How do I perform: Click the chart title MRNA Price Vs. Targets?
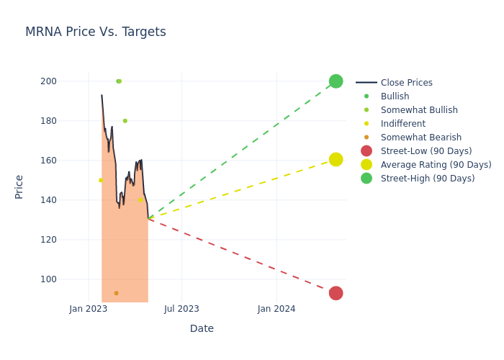click(96, 32)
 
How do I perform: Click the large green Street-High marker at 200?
click(336, 81)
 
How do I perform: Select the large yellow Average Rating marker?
click(336, 159)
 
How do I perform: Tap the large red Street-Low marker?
click(336, 293)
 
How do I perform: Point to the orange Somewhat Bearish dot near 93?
click(116, 293)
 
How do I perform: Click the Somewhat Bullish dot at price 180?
click(125, 121)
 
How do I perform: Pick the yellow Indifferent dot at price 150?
click(101, 180)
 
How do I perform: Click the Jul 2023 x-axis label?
click(181, 309)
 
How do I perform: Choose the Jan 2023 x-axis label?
click(89, 309)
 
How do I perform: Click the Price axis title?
click(19, 186)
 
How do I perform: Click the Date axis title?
click(202, 328)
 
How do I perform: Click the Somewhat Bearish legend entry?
click(420, 138)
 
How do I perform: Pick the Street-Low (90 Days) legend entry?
click(426, 151)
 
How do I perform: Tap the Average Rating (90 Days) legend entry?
click(436, 165)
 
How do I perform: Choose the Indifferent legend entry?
click(402, 124)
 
